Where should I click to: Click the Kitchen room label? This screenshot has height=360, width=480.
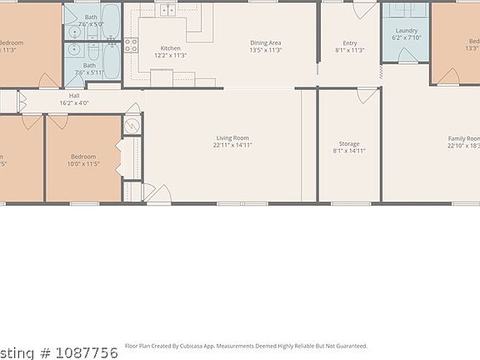[x=170, y=48]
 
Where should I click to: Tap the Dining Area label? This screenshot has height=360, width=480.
[x=266, y=42]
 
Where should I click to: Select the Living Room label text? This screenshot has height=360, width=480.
[x=232, y=138]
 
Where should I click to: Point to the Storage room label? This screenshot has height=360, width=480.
[x=349, y=144]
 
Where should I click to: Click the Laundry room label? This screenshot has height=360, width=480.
[x=406, y=31]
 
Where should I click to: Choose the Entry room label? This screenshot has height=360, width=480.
[x=349, y=42]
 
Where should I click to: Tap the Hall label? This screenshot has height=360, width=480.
[x=74, y=96]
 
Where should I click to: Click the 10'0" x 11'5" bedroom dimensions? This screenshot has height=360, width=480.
[x=82, y=163]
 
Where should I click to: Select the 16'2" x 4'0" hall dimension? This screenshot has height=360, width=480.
[x=74, y=103]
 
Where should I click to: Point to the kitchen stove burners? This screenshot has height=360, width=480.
[x=131, y=45]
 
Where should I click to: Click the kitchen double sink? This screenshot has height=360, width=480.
[x=169, y=10]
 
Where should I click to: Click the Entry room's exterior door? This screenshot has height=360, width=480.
[x=364, y=10]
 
